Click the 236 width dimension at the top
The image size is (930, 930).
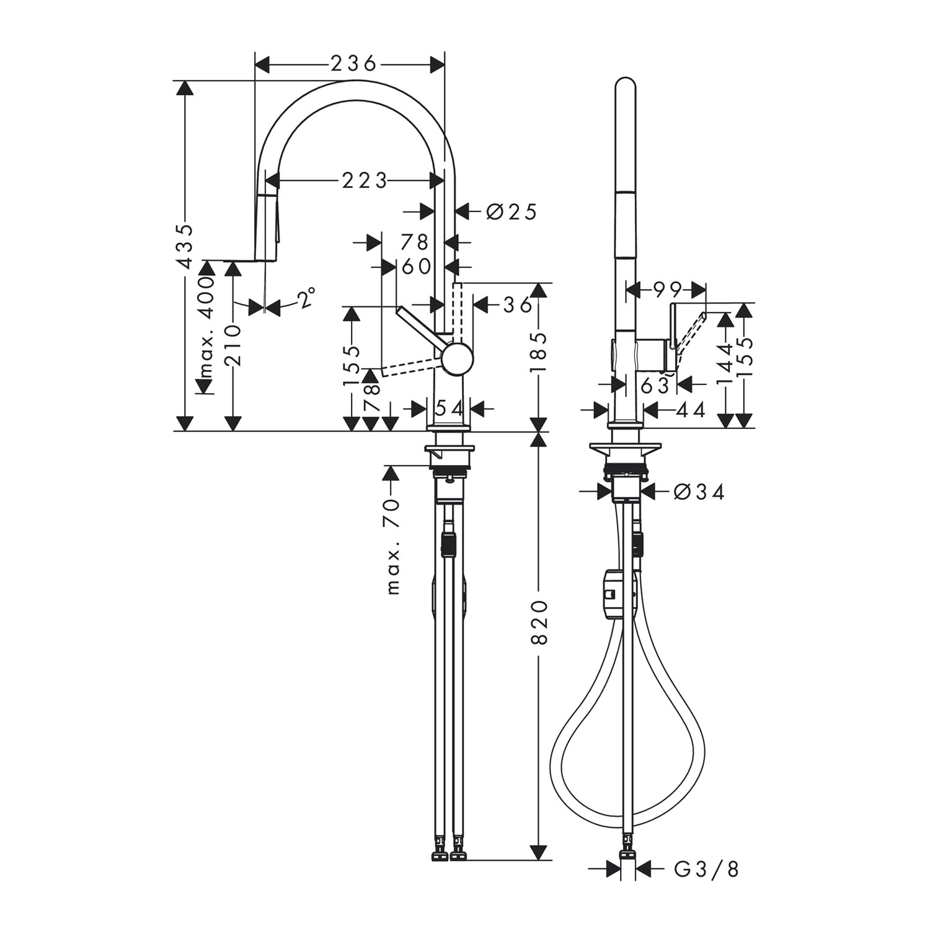[x=353, y=63]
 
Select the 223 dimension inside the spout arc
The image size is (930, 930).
[x=364, y=180]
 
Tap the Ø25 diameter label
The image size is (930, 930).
[x=511, y=211]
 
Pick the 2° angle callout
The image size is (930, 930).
[x=306, y=299]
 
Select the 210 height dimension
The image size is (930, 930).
[x=234, y=346]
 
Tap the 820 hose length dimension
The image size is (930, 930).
[x=539, y=622]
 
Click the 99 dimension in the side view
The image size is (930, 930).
[x=666, y=289]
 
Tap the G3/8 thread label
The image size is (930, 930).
[x=707, y=869]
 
